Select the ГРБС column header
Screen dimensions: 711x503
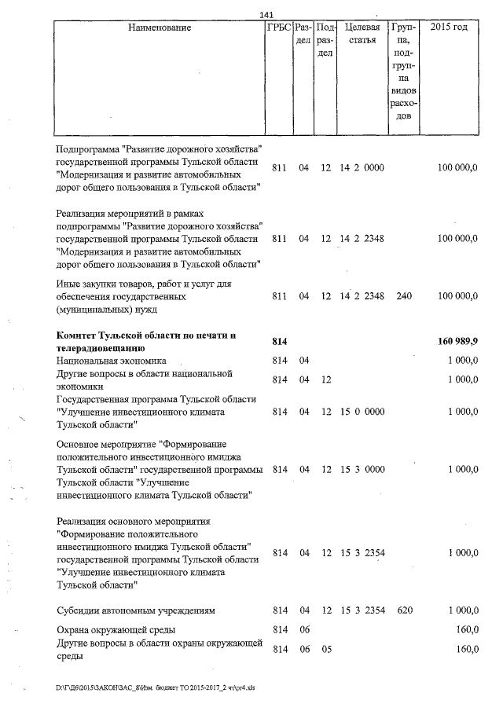click(x=279, y=27)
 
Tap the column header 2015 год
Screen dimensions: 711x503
click(x=450, y=27)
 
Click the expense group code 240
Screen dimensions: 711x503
click(x=404, y=296)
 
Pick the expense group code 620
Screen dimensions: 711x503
click(x=404, y=610)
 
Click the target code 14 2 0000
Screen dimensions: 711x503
click(x=362, y=168)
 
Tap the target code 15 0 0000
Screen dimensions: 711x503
click(x=362, y=412)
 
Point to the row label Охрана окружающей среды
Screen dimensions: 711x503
click(x=116, y=630)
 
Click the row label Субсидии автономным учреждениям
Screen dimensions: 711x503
click(x=136, y=610)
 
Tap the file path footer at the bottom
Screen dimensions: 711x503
click(x=154, y=686)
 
